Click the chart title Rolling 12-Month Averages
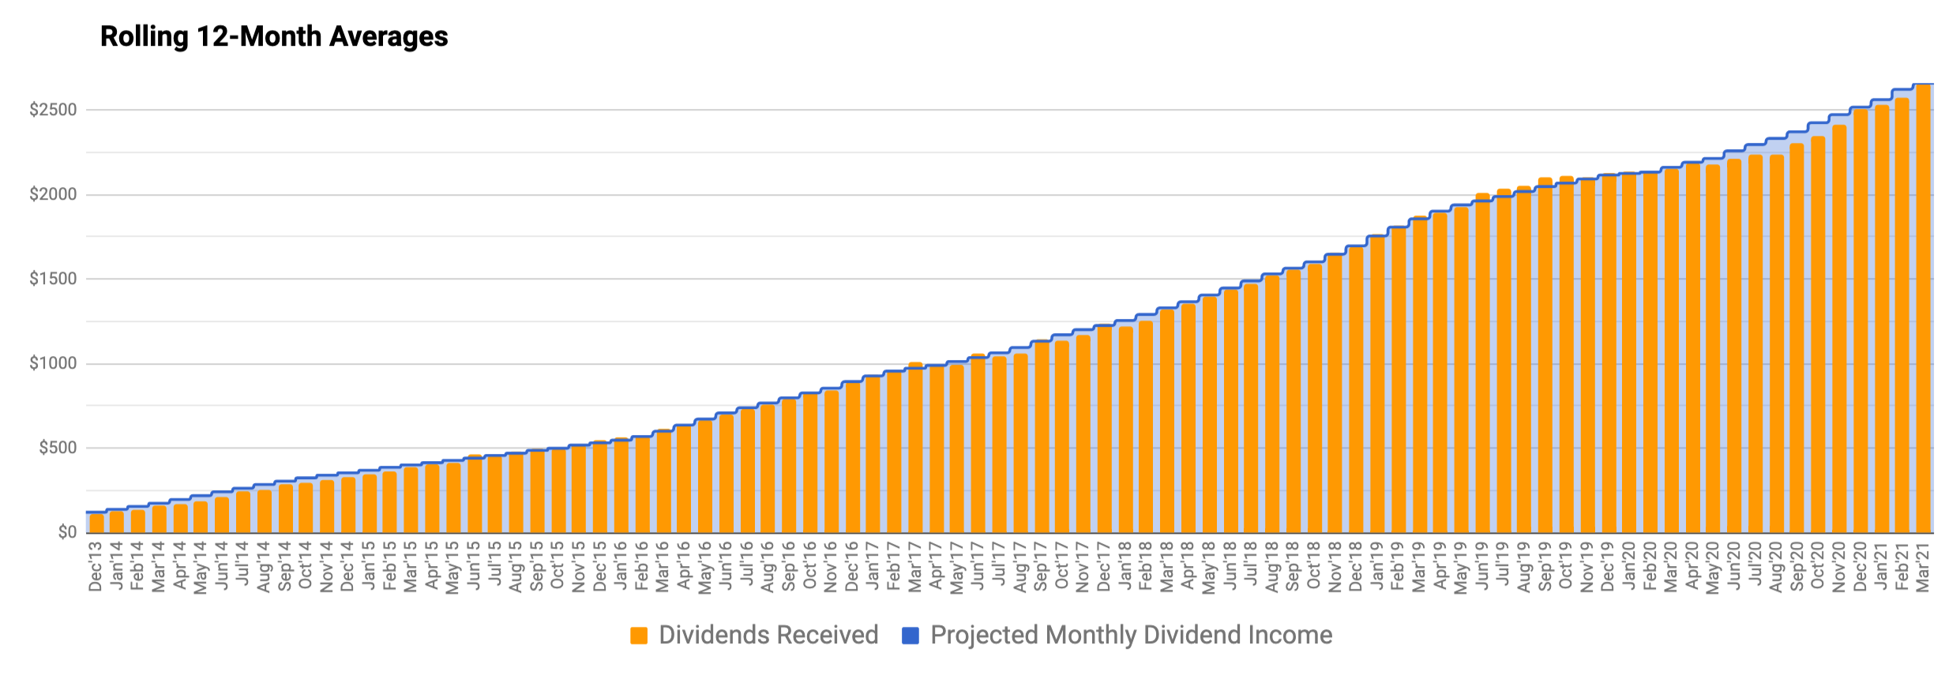tap(274, 37)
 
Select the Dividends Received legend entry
tap(768, 636)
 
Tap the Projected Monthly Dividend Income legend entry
tap(1131, 636)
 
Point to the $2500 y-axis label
tap(53, 110)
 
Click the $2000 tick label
tap(53, 194)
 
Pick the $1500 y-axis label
tap(53, 279)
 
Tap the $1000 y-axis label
tap(53, 363)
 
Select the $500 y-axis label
tap(58, 448)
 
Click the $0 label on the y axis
tap(67, 532)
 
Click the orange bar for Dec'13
tap(96, 523)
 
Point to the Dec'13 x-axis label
tap(96, 565)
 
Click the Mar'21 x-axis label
tap(1923, 565)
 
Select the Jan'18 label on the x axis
tap(1125, 565)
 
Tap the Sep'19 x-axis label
tap(1545, 565)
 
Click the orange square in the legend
tap(639, 636)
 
